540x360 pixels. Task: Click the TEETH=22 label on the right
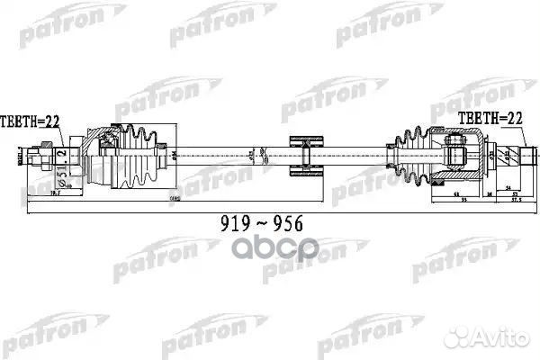490,118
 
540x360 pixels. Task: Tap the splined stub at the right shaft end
514,158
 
